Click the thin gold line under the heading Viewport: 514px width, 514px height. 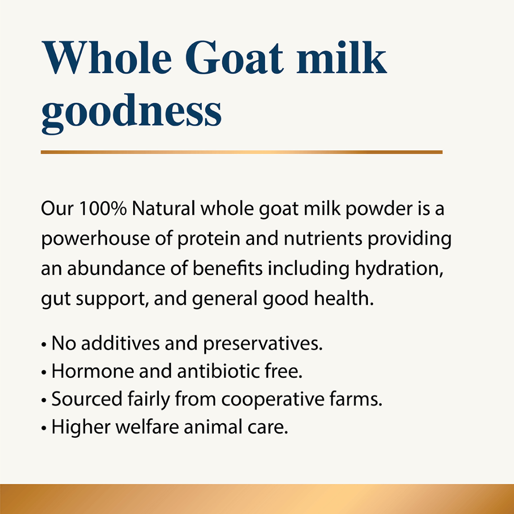(241, 152)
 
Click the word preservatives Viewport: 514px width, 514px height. (263, 344)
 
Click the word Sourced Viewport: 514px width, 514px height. (87, 400)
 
